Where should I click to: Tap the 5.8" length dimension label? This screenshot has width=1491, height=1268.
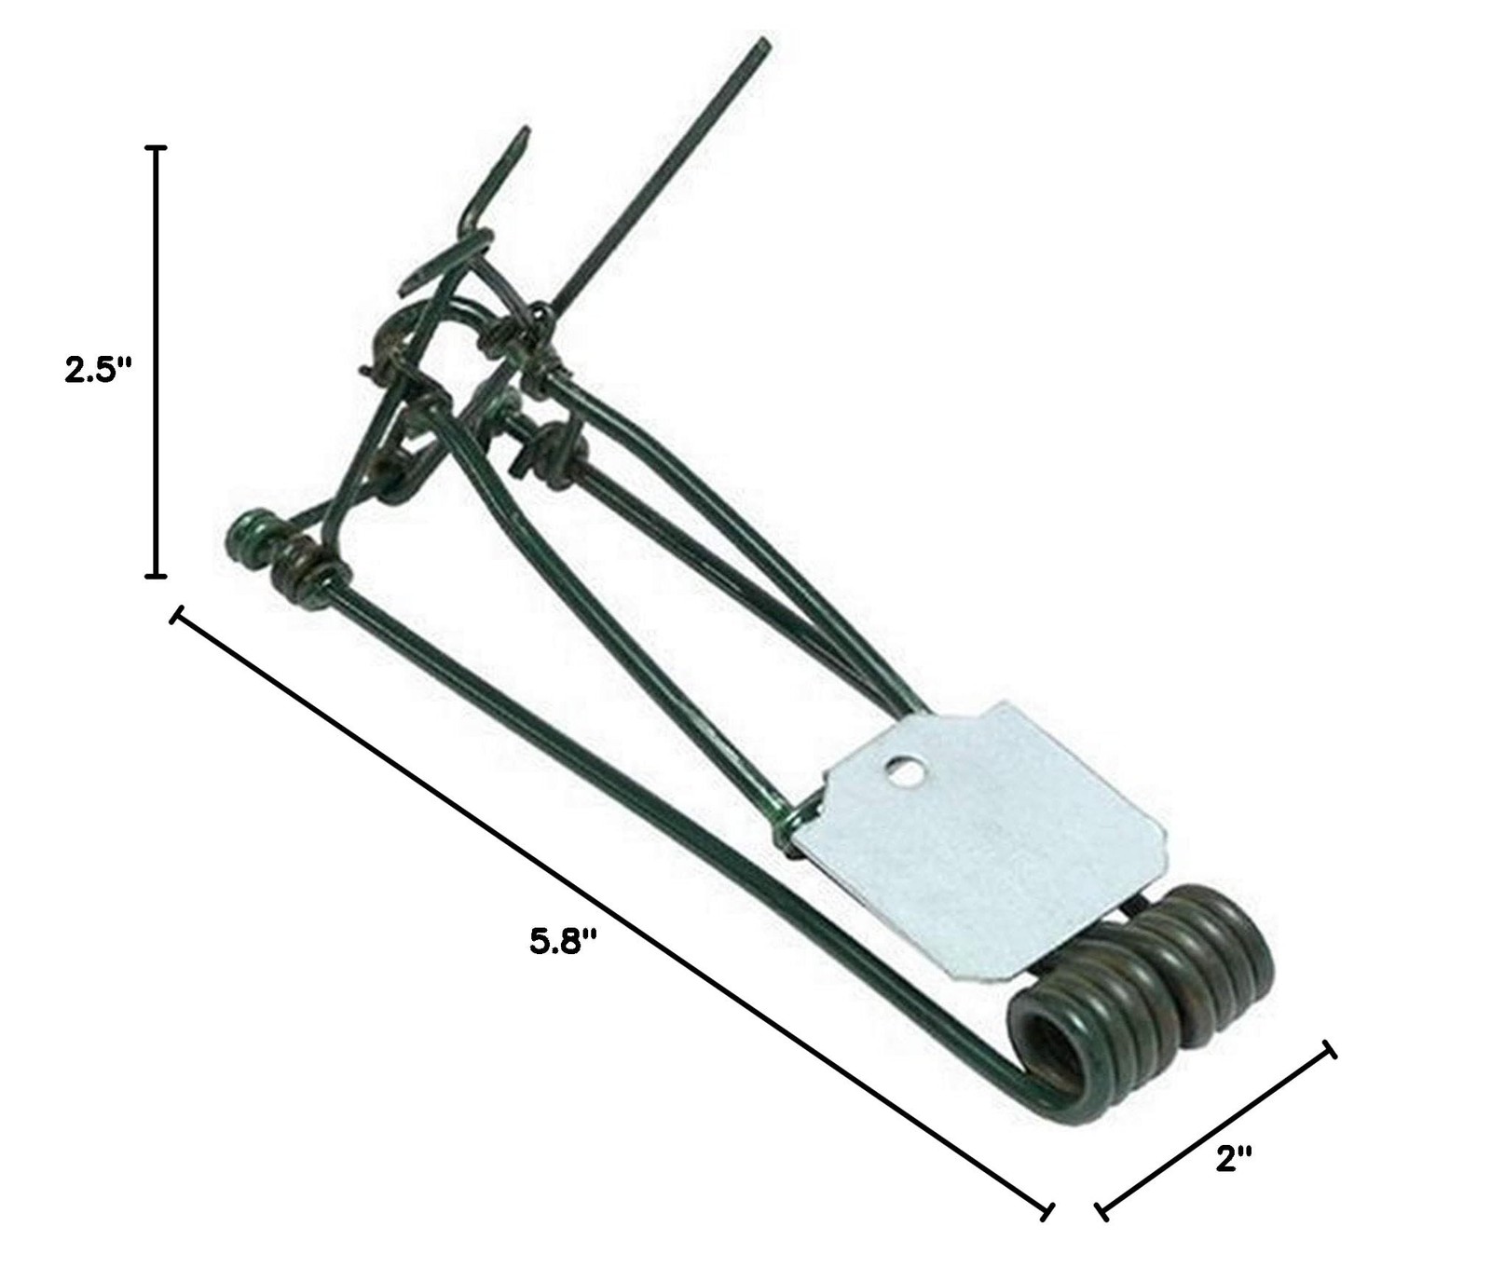[x=562, y=941]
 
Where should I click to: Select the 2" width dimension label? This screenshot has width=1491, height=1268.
[x=1233, y=1158]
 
